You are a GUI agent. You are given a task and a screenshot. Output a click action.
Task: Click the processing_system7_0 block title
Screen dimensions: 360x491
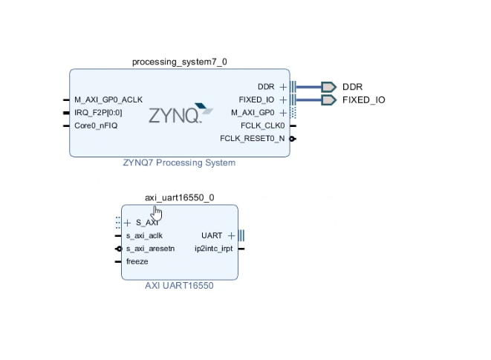tap(179, 62)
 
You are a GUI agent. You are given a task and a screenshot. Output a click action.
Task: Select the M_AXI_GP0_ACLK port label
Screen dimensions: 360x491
tap(108, 99)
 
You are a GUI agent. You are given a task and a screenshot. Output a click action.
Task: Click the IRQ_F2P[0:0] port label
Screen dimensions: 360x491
tap(98, 113)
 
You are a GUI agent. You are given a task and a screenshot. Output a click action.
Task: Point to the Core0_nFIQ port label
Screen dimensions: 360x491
tap(95, 125)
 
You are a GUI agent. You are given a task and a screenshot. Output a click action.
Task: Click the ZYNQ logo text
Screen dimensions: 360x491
tap(175, 115)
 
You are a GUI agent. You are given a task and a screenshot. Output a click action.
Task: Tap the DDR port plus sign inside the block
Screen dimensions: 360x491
tap(283, 87)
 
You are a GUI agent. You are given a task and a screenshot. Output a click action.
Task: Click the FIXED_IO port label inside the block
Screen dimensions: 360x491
tap(256, 99)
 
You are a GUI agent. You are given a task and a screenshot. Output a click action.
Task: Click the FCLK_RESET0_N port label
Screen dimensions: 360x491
tap(252, 139)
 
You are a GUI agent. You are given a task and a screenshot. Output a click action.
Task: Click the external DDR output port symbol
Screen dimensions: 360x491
tap(328, 87)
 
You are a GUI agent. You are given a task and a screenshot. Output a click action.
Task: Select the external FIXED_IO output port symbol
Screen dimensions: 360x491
tap(328, 99)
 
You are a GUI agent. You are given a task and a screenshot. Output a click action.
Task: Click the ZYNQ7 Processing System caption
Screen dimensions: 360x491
tap(179, 163)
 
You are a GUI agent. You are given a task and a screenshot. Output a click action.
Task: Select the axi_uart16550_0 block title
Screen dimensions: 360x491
tap(179, 197)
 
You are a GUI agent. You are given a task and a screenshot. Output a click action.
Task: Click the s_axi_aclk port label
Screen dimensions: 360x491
tap(144, 235)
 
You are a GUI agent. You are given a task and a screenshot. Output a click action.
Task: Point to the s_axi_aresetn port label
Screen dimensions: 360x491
tap(150, 249)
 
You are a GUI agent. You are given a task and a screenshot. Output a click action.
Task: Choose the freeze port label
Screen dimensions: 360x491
tap(137, 261)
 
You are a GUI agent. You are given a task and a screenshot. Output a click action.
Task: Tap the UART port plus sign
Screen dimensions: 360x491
tap(231, 235)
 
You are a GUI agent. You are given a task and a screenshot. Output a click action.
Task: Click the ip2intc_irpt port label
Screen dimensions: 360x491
tap(213, 249)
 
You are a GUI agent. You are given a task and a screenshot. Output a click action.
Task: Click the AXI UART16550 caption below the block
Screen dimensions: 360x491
tap(179, 286)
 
